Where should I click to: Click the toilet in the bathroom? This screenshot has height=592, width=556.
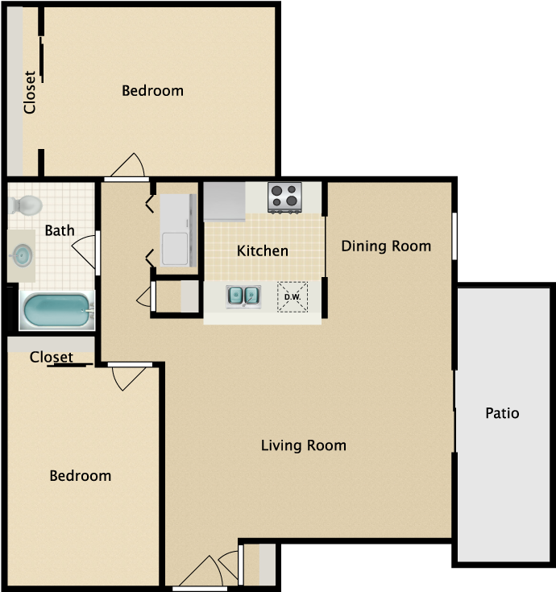[x=25, y=205]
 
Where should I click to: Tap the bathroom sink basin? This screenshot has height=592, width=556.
[x=23, y=255]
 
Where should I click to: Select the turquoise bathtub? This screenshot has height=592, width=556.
[x=56, y=310]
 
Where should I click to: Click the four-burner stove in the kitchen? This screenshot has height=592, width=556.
[x=284, y=197]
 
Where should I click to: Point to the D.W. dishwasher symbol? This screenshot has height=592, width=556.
[x=293, y=297]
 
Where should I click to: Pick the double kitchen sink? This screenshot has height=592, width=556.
[x=243, y=296]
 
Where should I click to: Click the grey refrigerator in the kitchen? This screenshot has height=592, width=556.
[x=224, y=201]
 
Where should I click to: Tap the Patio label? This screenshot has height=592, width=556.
[x=502, y=413]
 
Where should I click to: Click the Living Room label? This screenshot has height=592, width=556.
[x=304, y=445]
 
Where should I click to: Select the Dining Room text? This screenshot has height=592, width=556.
[x=386, y=246]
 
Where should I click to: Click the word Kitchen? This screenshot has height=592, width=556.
[x=263, y=251]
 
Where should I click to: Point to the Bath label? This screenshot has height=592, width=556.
[x=60, y=230]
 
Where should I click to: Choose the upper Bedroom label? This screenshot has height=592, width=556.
[x=152, y=90]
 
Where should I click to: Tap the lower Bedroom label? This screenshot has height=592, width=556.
[x=81, y=476]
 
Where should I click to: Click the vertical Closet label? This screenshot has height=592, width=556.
[x=30, y=92]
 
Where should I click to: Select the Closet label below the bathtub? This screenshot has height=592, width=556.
[x=52, y=357]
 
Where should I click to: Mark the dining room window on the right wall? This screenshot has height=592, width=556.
[x=454, y=236]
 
